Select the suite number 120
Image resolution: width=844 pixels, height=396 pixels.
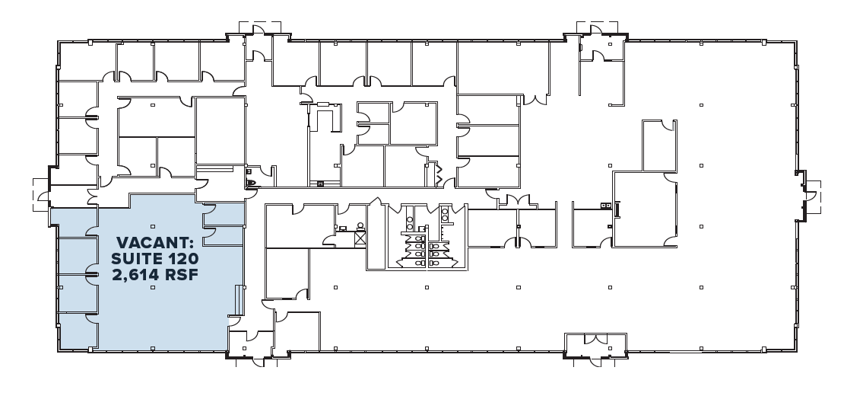coord(182,259)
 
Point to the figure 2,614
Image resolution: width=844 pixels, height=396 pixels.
coord(135,275)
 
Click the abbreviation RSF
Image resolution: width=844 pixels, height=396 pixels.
coord(182,275)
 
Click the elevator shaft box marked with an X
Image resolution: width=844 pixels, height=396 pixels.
coord(360,238)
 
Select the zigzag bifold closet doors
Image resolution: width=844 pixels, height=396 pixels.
coord(439,174)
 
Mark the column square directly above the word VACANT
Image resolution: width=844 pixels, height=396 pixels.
coord(153,226)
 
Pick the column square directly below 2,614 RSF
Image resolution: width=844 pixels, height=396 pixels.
coord(153,287)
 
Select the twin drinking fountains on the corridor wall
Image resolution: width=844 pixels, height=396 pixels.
coord(607,206)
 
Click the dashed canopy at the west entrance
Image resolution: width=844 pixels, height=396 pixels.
coord(40,194)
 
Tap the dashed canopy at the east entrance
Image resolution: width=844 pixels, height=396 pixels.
coord(813,197)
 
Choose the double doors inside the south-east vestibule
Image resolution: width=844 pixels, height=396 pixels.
coord(596,339)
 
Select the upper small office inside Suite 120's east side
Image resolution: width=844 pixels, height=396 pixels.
coord(224,215)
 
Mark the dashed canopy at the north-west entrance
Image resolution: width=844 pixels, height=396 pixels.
coord(260,27)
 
